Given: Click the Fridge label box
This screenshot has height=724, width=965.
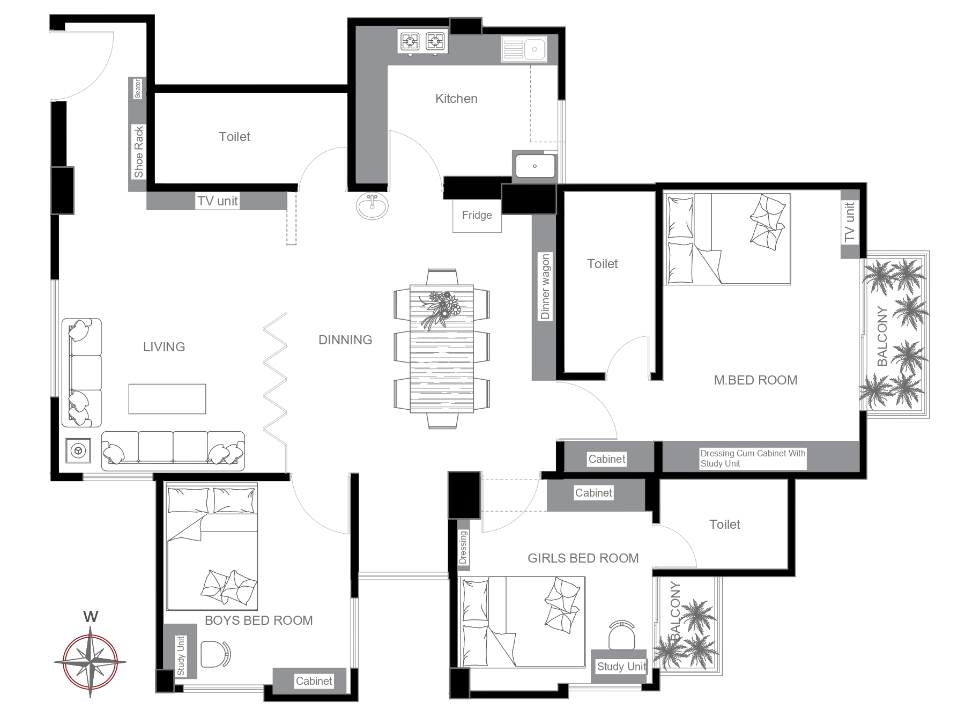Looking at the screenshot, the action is pyautogui.click(x=477, y=215).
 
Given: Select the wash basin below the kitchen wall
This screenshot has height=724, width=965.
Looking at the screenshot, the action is pyautogui.click(x=372, y=206).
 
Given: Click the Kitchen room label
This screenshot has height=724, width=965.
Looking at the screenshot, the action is pyautogui.click(x=456, y=99).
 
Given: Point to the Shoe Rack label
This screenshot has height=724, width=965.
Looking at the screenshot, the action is pyautogui.click(x=139, y=152).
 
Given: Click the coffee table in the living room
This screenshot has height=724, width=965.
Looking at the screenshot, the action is pyautogui.click(x=167, y=398).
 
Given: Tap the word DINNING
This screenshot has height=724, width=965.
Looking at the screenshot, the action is pyautogui.click(x=345, y=340).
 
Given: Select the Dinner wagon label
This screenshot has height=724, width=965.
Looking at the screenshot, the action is pyautogui.click(x=545, y=287).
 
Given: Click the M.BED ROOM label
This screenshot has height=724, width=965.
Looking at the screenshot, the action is pyautogui.click(x=755, y=380).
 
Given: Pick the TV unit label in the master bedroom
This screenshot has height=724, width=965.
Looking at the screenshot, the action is pyautogui.click(x=849, y=222).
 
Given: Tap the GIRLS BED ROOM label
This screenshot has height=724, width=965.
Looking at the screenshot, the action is pyautogui.click(x=583, y=558).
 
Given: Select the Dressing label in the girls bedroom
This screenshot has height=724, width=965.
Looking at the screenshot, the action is pyautogui.click(x=463, y=548).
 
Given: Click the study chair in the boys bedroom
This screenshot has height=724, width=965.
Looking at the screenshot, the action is pyautogui.click(x=216, y=654).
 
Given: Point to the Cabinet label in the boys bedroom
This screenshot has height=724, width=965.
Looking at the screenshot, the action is pyautogui.click(x=314, y=681).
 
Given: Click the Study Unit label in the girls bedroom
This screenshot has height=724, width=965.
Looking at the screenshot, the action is pyautogui.click(x=622, y=667).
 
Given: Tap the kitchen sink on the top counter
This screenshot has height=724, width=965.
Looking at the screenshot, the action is pyautogui.click(x=524, y=49).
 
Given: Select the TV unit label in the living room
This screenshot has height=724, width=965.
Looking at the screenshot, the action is pyautogui.click(x=218, y=201).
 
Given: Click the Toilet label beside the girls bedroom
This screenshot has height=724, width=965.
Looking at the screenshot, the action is pyautogui.click(x=725, y=524).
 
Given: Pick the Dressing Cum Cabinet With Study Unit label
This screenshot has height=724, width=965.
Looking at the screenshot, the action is pyautogui.click(x=753, y=459).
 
